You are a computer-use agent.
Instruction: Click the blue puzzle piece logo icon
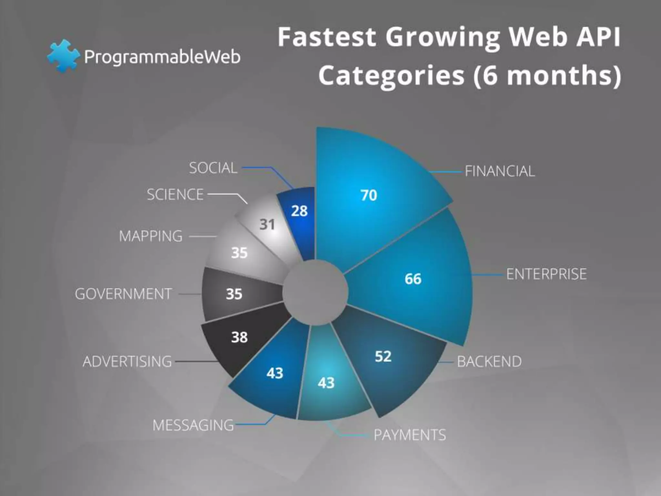63,56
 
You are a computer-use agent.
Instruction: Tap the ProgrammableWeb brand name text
162,57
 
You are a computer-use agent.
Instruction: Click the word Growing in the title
442,37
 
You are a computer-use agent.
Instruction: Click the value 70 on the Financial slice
369,195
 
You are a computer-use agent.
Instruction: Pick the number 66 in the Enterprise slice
413,279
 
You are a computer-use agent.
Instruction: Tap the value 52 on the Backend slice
383,356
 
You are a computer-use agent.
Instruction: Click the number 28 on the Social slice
299,211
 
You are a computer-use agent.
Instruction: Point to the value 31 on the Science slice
267,224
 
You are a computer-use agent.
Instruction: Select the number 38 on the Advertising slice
239,337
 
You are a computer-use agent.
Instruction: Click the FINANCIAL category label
500,171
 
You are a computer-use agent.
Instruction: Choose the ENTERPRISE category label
546,274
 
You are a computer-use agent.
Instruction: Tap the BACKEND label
489,361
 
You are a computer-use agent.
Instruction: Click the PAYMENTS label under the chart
410,435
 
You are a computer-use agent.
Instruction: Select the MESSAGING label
193,425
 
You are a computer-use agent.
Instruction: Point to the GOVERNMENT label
123,294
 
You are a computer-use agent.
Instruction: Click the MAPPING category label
151,236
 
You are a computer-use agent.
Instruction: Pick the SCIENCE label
175,194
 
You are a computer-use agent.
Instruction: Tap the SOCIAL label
213,168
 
